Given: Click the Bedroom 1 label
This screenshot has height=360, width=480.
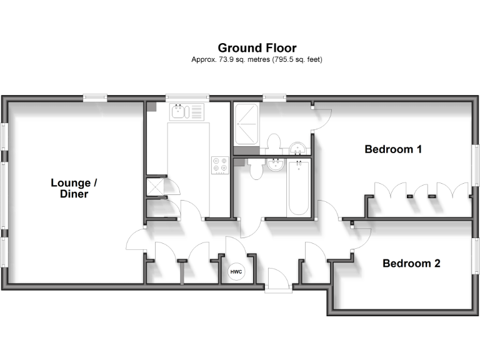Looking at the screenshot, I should (x=393, y=149).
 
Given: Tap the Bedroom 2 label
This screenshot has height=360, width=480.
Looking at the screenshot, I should (x=411, y=264).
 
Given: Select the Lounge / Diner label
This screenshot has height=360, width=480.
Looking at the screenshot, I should (x=74, y=188).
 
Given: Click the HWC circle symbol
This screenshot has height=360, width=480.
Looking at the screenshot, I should (x=236, y=272).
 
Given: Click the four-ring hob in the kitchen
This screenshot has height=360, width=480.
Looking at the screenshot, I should (x=220, y=164).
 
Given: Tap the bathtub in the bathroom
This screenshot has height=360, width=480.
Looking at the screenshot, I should (x=298, y=187).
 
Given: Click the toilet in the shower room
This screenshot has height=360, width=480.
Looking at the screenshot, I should (x=272, y=143).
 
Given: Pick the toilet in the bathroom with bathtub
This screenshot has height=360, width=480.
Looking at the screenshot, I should (x=254, y=169).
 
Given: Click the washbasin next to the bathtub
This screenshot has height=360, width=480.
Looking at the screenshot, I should (x=274, y=164).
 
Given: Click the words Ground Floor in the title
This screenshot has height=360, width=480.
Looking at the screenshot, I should (x=257, y=47).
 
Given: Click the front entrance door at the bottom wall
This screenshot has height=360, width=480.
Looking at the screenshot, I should (x=277, y=281).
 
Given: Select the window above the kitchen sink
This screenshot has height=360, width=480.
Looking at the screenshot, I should (x=187, y=97).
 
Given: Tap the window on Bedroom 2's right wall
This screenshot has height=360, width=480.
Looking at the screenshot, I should (x=475, y=264).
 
